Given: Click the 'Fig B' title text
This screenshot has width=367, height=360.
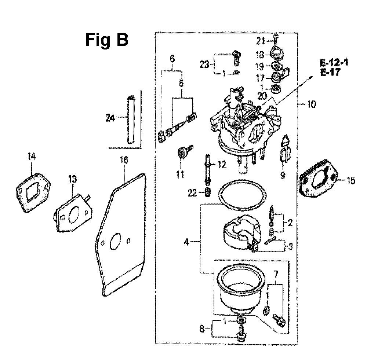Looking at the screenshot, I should point(107,40).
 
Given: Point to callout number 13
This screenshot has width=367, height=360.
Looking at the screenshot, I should point(73,179).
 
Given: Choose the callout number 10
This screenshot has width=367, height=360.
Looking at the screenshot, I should point(311,105).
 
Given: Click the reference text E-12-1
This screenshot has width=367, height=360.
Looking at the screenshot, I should point(334,63).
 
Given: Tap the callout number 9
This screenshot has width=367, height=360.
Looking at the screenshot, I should point(282,176).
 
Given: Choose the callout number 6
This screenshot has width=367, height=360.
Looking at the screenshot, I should point(172,59).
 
